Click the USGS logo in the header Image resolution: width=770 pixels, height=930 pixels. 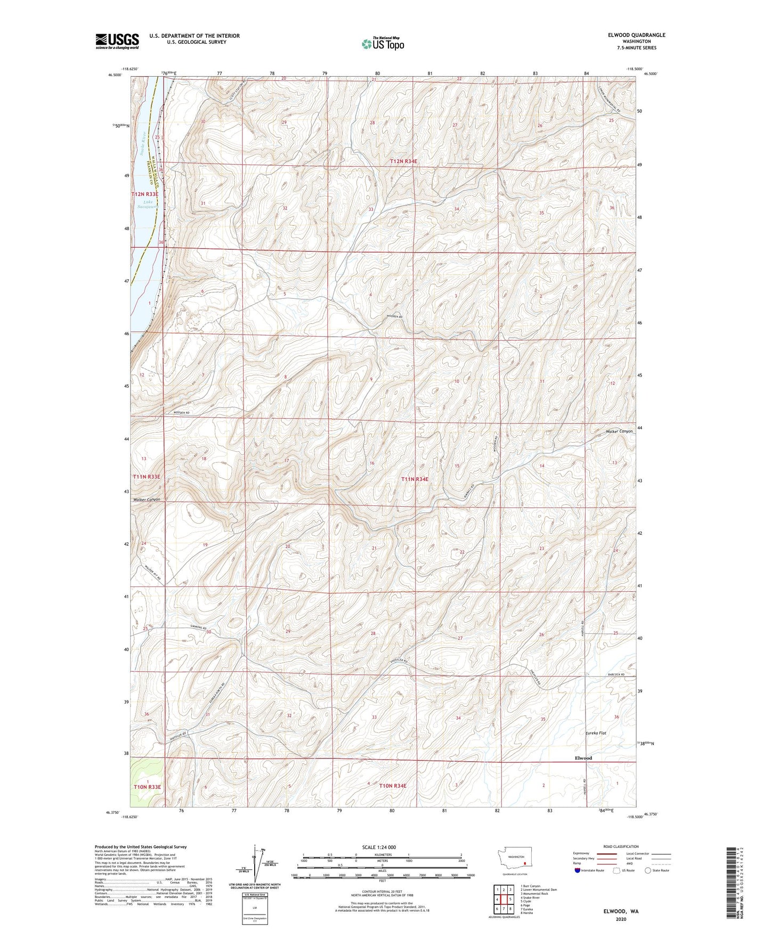coord(117,41)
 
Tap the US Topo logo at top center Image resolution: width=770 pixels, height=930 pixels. coord(383,43)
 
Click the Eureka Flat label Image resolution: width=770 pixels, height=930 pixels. coord(593,733)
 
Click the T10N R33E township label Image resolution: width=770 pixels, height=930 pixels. coord(147,786)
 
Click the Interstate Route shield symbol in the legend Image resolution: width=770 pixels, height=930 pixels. coord(578,870)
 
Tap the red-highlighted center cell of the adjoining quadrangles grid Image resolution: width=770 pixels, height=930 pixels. coord(504,899)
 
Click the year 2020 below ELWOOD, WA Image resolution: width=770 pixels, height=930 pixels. coord(621,919)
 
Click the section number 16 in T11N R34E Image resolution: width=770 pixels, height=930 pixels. coord(372,463)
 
